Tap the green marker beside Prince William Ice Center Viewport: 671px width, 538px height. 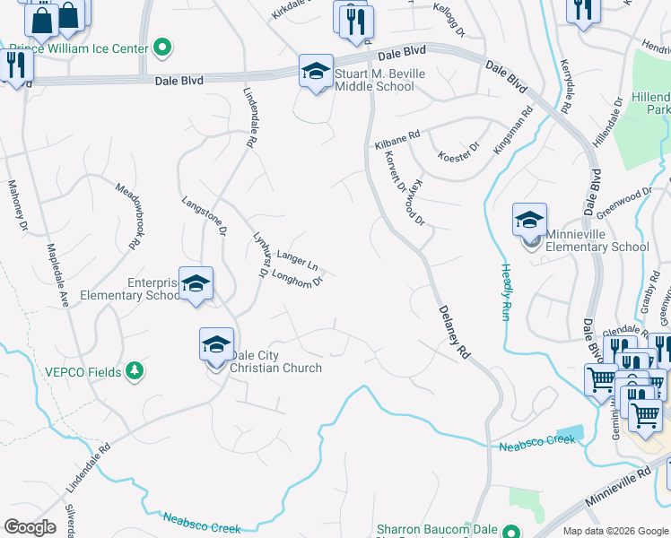pos(162,46)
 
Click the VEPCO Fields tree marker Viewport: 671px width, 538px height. pos(134,369)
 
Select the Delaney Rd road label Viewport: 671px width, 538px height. pos(455,332)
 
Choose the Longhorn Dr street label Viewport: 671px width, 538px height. pos(296,278)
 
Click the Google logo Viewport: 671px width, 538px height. pos(30,527)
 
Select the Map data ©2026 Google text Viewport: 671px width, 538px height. pos(614,531)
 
